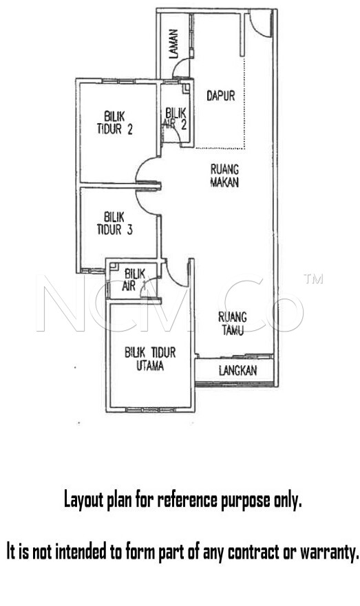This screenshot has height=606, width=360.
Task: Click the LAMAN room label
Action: coord(174,44)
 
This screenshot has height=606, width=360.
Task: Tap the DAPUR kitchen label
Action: coord(220,96)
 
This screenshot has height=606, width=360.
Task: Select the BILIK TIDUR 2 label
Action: coord(114,122)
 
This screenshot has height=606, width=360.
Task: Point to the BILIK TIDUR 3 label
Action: coord(114,224)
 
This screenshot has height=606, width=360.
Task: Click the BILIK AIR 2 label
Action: coord(176,118)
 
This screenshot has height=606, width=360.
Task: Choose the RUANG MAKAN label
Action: coord(224,175)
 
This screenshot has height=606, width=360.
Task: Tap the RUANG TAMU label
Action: coord(233,323)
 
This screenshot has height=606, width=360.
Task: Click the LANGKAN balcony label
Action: coord(237,371)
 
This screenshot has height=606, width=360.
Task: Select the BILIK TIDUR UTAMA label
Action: coord(150,358)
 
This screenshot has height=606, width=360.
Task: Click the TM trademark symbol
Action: coord(313,279)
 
